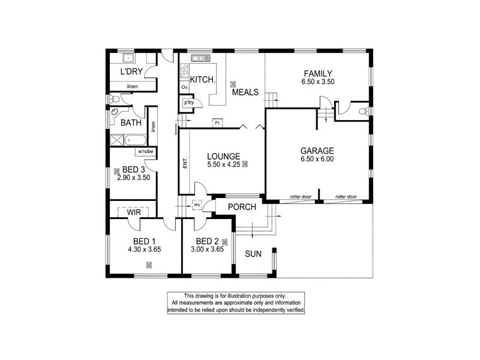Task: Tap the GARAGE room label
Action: pyautogui.click(x=318, y=151)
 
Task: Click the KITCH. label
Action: pyautogui.click(x=202, y=80)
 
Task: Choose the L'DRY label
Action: pyautogui.click(x=130, y=72)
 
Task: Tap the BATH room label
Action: pyautogui.click(x=131, y=123)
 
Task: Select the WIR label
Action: pyautogui.click(x=133, y=211)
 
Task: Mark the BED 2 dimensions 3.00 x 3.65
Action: pyautogui.click(x=207, y=249)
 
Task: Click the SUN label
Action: pyautogui.click(x=253, y=253)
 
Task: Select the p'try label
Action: pyautogui.click(x=189, y=103)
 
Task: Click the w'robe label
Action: pyautogui.click(x=146, y=151)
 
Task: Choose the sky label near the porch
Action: pyautogui.click(x=197, y=206)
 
